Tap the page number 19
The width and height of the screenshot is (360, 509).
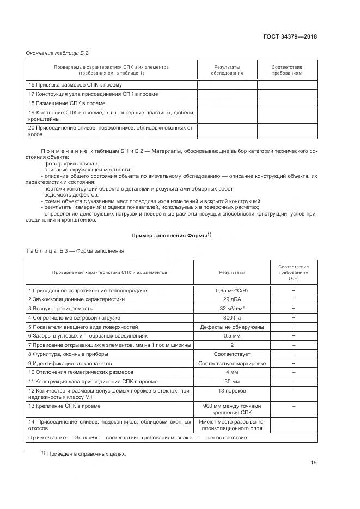(313, 463)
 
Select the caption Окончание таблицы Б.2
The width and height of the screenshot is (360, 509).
(57, 53)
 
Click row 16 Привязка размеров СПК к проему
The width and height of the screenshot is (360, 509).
(75, 85)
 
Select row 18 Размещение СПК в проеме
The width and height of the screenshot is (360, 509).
(67, 103)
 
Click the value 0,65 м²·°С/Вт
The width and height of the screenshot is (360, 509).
(231, 291)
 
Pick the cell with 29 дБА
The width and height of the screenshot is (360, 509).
(231, 299)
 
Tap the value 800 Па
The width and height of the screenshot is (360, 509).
(231, 317)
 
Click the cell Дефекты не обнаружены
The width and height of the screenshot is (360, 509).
(231, 327)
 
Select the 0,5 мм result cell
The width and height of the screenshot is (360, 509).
(231, 335)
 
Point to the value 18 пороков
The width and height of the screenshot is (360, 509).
(231, 391)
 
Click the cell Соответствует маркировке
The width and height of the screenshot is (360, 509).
(231, 363)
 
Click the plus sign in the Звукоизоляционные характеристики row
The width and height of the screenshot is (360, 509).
(293, 299)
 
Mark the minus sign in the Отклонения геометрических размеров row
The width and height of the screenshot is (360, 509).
(293, 372)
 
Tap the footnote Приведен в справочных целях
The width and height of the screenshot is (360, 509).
(86, 453)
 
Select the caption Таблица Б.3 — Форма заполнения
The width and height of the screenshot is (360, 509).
(75, 251)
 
